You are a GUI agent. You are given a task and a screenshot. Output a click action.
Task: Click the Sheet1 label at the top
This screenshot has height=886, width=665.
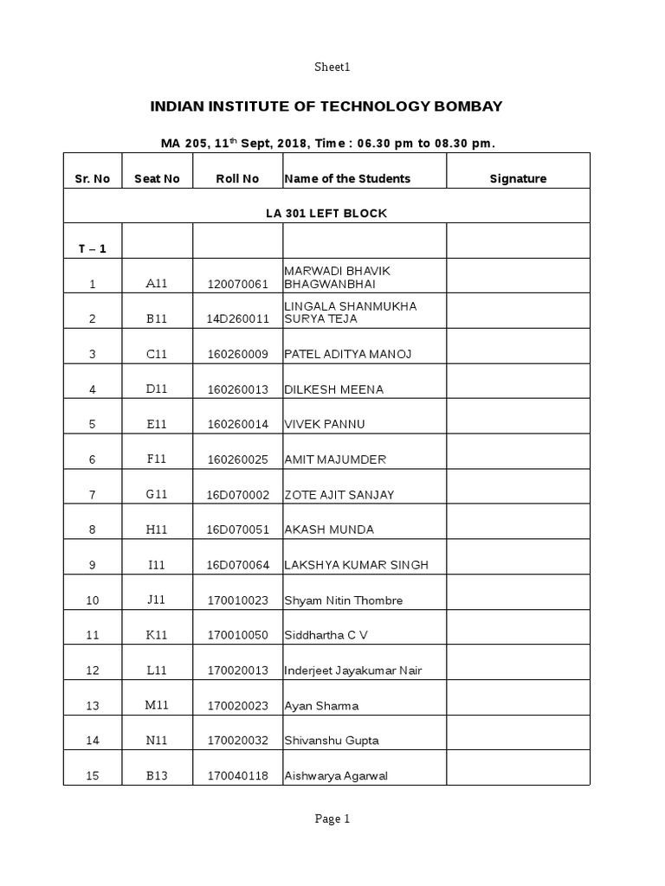pyautogui.click(x=332, y=67)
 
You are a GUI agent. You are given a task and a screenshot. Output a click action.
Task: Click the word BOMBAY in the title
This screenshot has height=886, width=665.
pyautogui.click(x=467, y=106)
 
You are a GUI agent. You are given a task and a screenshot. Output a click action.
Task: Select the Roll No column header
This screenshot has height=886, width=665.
pyautogui.click(x=238, y=179)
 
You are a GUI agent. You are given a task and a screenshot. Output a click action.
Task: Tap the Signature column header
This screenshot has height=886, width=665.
pyautogui.click(x=518, y=179)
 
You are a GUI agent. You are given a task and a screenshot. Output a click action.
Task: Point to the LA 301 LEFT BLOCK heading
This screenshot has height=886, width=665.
pyautogui.click(x=326, y=213)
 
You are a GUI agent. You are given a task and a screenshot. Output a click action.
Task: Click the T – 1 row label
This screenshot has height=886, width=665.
pyautogui.click(x=93, y=249)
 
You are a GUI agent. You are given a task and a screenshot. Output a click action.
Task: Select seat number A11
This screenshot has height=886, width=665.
pyautogui.click(x=157, y=284)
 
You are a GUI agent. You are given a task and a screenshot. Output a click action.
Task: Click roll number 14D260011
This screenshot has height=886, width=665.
pyautogui.click(x=238, y=319)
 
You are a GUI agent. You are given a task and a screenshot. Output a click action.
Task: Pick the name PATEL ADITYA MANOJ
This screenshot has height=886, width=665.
pyautogui.click(x=347, y=354)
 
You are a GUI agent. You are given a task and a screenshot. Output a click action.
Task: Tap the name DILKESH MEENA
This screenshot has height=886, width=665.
pyautogui.click(x=333, y=389)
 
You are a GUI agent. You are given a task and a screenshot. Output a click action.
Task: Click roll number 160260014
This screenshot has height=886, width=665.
pyautogui.click(x=238, y=425)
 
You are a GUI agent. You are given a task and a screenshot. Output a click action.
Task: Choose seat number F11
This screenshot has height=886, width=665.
pyautogui.click(x=157, y=459)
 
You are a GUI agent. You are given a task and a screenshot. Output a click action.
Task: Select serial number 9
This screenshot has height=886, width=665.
pyautogui.click(x=93, y=566)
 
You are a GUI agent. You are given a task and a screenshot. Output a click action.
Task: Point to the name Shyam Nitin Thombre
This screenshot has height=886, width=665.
pyautogui.click(x=344, y=600)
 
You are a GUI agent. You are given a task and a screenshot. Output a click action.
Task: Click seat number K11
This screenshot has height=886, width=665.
pyautogui.click(x=157, y=635)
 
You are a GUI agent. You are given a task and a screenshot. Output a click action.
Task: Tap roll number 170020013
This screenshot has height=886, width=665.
pyautogui.click(x=238, y=671)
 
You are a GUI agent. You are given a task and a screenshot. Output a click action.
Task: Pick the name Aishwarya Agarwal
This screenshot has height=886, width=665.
pyautogui.click(x=336, y=776)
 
